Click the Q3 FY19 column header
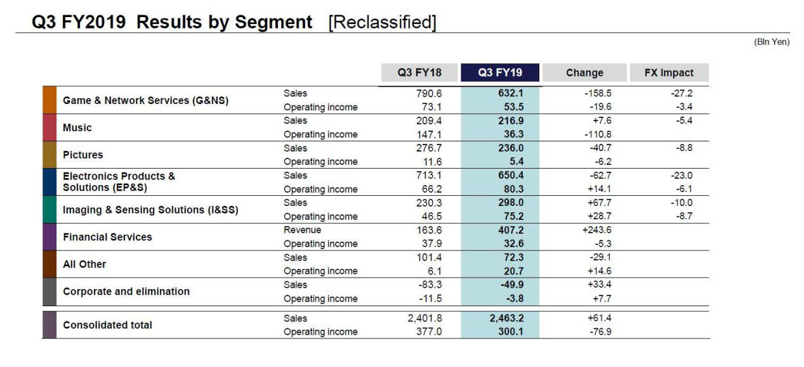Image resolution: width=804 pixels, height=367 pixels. tap(500, 72)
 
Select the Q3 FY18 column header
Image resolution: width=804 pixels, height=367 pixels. tap(419, 72)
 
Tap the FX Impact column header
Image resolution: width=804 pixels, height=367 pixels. tap(668, 72)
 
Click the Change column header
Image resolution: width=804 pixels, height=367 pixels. tap(584, 72)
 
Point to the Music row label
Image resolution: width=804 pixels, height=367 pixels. tap(77, 127)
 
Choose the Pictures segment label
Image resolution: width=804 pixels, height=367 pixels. tap(82, 155)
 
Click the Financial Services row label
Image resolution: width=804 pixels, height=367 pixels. tap(107, 237)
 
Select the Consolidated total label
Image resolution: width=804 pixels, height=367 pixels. tap(107, 325)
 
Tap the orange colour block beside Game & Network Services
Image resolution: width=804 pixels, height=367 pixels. tap(49, 100)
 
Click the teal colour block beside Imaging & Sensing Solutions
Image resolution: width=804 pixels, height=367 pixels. tap(49, 210)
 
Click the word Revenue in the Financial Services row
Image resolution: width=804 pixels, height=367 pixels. tap(302, 230)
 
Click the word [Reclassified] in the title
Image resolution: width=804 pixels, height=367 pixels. tap(382, 22)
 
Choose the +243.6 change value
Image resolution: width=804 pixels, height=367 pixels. tap(596, 230)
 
